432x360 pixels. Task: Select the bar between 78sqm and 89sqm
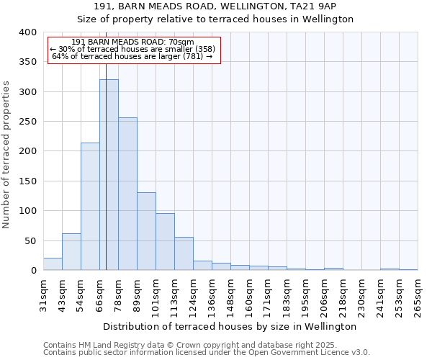[x=127, y=194]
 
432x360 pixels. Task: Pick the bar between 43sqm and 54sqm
[x=71, y=252]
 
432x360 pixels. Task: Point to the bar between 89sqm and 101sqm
[x=146, y=231]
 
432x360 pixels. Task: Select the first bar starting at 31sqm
[x=53, y=264]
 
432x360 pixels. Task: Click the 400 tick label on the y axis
[x=27, y=32]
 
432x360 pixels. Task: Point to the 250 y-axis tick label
[x=27, y=122]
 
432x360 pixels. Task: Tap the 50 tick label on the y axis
[x=30, y=240]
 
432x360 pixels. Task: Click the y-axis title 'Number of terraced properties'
[x=7, y=154]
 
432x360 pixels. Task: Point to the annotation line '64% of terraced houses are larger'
[x=132, y=56]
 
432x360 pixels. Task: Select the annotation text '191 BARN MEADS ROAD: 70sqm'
[x=133, y=42]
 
